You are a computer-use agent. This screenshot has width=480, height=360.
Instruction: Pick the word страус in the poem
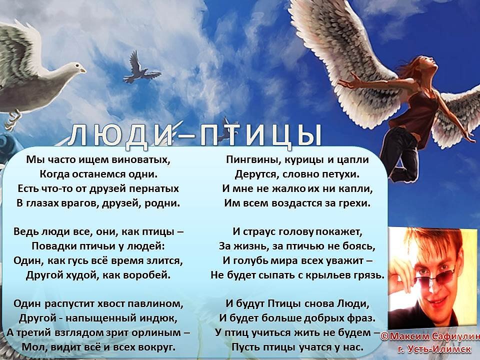coord(261,232)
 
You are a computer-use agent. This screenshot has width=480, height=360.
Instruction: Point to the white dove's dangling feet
coord(12,119)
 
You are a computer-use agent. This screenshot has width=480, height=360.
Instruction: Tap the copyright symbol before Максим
coord(385,337)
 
